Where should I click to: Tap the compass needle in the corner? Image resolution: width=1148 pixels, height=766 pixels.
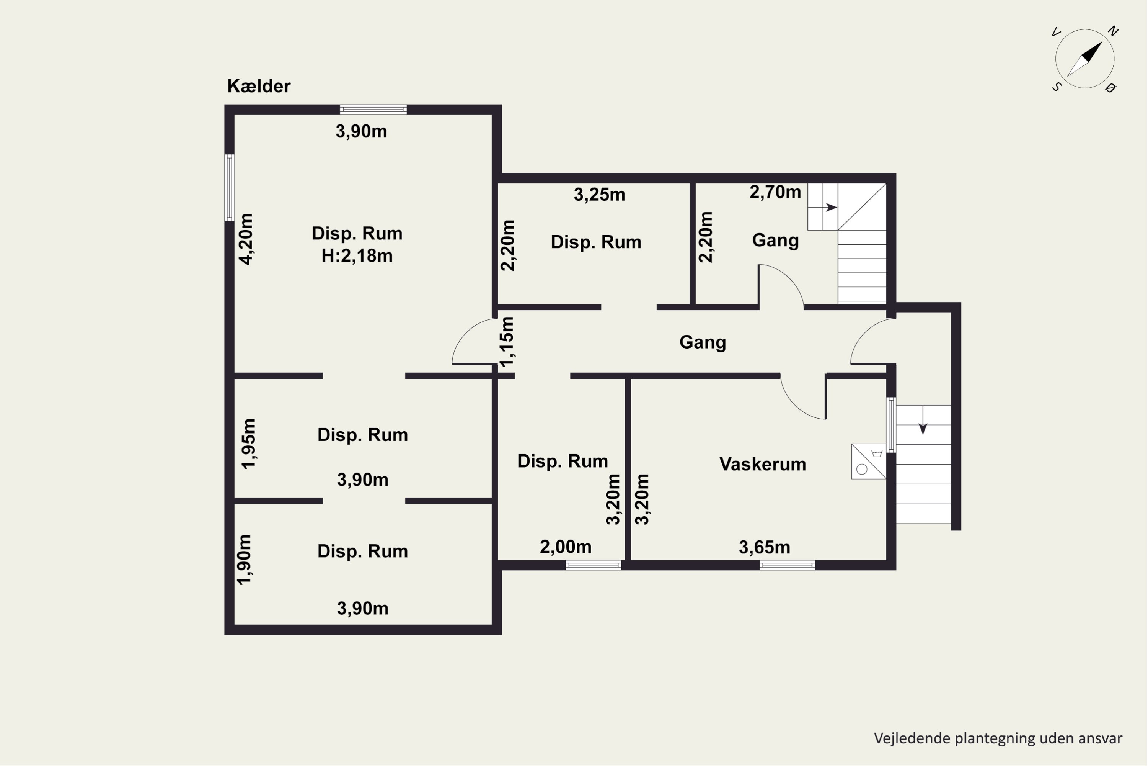point(1084,59)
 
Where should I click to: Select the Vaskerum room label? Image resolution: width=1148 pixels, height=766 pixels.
point(762,464)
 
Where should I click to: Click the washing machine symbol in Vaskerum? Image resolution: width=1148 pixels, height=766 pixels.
point(868,461)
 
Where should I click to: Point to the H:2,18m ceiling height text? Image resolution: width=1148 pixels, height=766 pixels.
point(357,255)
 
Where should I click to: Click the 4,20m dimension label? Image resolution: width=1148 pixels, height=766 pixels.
point(246,239)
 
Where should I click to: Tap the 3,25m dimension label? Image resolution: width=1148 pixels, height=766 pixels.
point(599,195)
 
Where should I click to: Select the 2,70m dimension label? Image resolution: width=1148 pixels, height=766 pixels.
point(775,192)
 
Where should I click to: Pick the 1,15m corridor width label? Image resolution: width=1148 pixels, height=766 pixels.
point(507,341)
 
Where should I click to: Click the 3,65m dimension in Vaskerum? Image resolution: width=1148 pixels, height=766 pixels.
point(764,547)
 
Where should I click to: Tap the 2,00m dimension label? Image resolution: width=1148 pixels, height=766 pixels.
point(565,547)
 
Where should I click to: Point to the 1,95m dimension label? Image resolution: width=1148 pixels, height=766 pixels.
point(249,444)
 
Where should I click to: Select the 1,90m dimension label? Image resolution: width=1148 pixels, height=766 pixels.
point(244,559)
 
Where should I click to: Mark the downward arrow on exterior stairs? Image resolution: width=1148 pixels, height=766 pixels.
point(923,420)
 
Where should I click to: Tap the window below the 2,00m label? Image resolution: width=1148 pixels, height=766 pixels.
point(594,565)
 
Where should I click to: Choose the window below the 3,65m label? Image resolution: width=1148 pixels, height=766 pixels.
point(787,565)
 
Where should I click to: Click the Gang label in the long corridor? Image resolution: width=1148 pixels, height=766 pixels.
point(702,342)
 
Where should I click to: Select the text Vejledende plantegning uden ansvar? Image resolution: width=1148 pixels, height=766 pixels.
point(998,739)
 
